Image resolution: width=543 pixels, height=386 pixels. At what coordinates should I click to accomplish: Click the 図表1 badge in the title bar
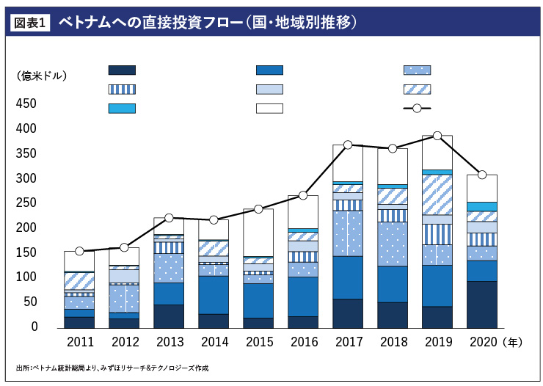(30, 23)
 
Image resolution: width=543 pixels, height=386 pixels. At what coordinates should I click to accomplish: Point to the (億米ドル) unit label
(41, 76)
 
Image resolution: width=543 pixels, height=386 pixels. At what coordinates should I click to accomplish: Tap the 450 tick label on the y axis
(26, 103)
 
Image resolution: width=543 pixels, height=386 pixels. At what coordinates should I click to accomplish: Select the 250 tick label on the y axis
(26, 203)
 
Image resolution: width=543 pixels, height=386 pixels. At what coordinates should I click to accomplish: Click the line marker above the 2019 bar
(437, 136)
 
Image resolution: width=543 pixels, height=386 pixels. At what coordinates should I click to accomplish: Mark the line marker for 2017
(348, 145)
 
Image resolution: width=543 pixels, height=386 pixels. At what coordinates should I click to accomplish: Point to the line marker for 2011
(79, 251)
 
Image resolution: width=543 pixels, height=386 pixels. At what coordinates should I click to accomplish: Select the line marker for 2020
(482, 175)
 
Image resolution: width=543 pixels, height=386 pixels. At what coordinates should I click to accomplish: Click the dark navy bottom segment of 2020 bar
(482, 304)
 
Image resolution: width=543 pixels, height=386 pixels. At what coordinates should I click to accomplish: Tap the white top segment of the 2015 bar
(258, 232)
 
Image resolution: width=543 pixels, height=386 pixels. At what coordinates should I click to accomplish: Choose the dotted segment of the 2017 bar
(348, 233)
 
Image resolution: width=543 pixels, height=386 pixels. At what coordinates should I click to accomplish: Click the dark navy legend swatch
(122, 70)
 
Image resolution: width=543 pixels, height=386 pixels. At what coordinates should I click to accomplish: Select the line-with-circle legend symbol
(417, 109)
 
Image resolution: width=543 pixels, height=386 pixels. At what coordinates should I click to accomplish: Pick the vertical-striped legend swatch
(122, 90)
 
